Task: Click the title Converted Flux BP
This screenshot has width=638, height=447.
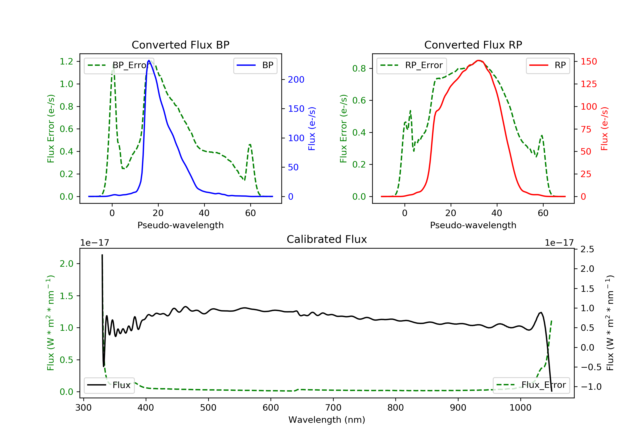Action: (x=180, y=45)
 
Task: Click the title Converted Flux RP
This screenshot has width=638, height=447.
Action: (x=473, y=45)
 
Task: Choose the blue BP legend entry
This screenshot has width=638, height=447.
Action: (x=255, y=65)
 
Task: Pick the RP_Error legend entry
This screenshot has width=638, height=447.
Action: (x=412, y=65)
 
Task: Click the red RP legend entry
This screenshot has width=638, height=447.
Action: (x=548, y=65)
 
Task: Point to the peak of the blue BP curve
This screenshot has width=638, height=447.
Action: (x=149, y=60)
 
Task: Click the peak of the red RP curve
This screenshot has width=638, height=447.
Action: (x=478, y=60)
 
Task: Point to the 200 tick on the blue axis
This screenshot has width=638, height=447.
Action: (x=296, y=80)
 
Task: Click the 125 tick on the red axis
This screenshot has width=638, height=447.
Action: (x=588, y=84)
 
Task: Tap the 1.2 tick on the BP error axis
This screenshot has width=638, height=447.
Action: (x=66, y=62)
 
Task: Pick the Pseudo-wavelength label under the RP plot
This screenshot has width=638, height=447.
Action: (x=473, y=225)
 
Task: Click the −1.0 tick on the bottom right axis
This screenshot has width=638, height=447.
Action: (x=591, y=387)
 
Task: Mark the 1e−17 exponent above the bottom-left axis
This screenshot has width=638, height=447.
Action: (x=94, y=243)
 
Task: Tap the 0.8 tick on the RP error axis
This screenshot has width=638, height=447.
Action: (x=359, y=68)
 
